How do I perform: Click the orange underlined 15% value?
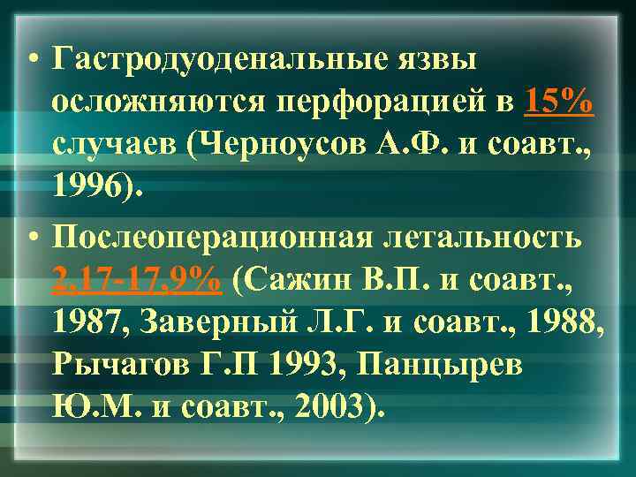557,102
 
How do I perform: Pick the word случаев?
111,146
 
